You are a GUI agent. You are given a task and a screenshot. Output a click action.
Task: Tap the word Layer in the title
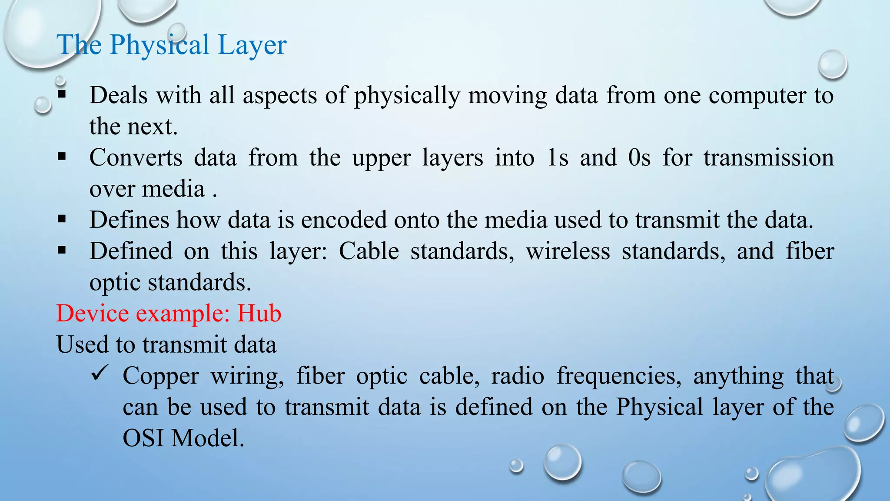[252, 45]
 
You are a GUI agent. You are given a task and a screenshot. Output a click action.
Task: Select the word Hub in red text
[259, 313]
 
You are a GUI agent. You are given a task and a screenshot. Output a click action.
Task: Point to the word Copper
[161, 377]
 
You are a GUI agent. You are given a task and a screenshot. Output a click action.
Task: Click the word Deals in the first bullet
[118, 95]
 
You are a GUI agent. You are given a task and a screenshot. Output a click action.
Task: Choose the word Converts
[136, 157]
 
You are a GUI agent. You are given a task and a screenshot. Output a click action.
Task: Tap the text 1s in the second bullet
[558, 157]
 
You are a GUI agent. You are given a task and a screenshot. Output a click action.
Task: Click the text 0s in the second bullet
[639, 157]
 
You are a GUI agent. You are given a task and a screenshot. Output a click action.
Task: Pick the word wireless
[568, 251]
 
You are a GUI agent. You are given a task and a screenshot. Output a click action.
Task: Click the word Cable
[369, 251]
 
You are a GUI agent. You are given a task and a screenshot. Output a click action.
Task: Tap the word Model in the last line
[208, 438]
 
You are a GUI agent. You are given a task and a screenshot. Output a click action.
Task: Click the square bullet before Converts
[62, 156]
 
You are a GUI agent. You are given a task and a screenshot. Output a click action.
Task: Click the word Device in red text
[92, 313]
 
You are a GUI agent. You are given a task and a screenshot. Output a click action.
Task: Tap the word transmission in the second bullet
[768, 157]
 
